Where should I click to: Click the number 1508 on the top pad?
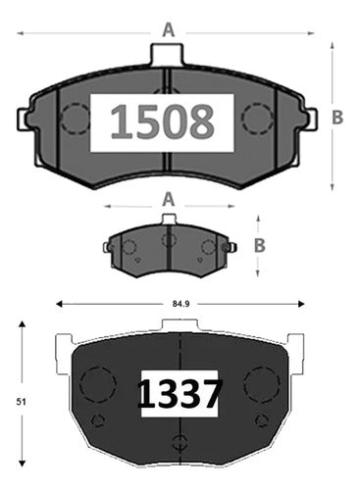point(162,122)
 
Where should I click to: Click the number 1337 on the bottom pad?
point(180,394)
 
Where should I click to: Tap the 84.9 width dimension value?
point(180,304)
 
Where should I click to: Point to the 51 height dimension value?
point(22,402)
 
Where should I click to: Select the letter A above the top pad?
point(169,30)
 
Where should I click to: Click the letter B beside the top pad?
point(337,118)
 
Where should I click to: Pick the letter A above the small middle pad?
point(169,199)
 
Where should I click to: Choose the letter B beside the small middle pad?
point(260,246)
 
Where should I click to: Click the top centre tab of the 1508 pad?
point(167,55)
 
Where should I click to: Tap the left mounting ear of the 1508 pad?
point(24,120)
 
